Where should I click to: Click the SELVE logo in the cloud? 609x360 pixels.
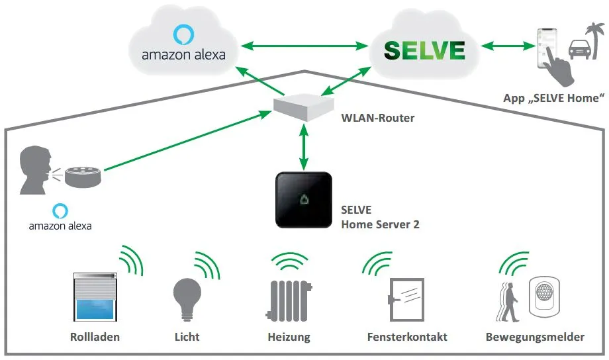tap(424, 50)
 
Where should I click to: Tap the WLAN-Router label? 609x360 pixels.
tap(377, 118)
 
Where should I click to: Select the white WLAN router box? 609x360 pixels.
tap(304, 107)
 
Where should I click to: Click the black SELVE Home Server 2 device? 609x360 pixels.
tap(304, 200)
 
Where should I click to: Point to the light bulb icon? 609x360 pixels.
tap(187, 299)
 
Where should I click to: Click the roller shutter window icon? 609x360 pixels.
tap(95, 296)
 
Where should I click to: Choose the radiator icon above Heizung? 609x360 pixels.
tap(289, 300)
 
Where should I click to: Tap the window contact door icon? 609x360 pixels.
tap(406, 299)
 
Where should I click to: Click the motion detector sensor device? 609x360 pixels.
tap(544, 296)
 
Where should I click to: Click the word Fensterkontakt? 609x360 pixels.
tap(407, 337)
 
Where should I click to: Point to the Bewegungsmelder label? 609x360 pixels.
tap(535, 337)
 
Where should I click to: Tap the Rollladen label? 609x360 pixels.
tap(95, 337)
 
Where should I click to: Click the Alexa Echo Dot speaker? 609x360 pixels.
tap(83, 177)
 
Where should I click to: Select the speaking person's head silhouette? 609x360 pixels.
tap(35, 169)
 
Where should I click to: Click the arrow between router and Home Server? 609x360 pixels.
tap(304, 147)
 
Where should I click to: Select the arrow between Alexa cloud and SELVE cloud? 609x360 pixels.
tap(304, 46)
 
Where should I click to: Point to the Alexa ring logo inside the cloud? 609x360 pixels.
tap(183, 34)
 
